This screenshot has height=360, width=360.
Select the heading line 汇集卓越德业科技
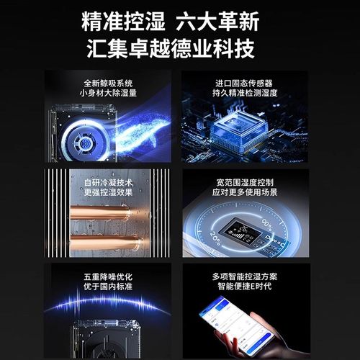pos(180,49)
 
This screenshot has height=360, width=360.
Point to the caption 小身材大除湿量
pos(108,93)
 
